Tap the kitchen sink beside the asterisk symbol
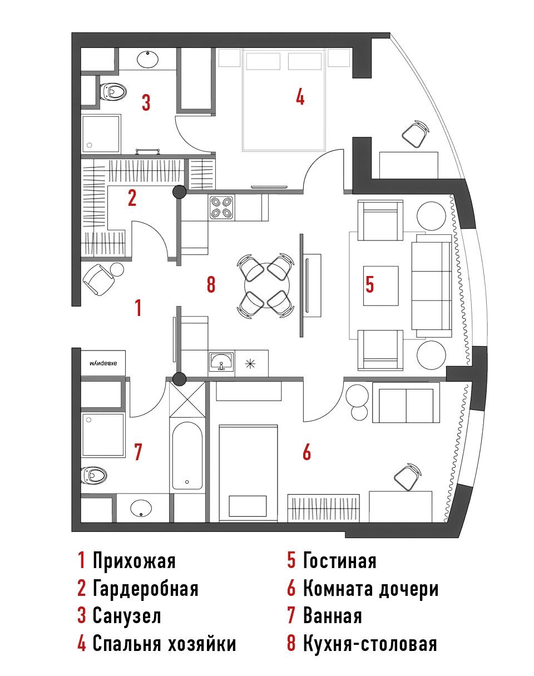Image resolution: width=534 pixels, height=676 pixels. point(221,362)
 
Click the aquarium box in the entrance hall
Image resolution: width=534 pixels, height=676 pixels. point(103,363)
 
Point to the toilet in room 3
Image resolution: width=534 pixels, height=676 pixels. point(113,91)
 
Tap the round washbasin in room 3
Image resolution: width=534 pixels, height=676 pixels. point(147,59)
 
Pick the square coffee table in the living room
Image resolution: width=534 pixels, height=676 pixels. point(380,286)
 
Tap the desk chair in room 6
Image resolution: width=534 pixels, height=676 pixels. point(408,477)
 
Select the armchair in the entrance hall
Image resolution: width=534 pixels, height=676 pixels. point(98,279)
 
